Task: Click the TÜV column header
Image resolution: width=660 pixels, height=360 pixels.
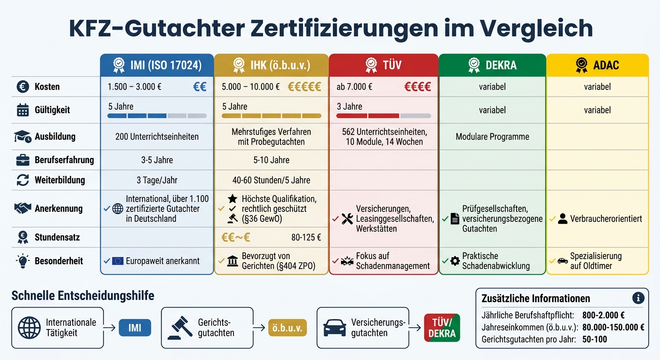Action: point(383,65)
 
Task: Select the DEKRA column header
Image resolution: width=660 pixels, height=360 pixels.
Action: point(492,65)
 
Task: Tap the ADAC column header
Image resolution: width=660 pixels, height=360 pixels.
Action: point(598,65)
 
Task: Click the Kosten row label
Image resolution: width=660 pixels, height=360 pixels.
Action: point(47,87)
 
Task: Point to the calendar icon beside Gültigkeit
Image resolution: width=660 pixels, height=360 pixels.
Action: point(22,110)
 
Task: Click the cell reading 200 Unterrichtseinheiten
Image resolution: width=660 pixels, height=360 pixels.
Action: point(157,137)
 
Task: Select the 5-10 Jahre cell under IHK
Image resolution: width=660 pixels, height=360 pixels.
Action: point(271,160)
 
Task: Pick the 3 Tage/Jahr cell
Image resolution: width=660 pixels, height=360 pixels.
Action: point(157,180)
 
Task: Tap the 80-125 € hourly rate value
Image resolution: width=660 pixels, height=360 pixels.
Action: point(306,237)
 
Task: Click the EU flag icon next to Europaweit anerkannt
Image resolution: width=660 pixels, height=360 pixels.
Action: point(118,261)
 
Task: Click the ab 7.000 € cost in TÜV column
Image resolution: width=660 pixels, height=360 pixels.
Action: point(354,87)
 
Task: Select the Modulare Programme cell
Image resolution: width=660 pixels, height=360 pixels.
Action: point(492,137)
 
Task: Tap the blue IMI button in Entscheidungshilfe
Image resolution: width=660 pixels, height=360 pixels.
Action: point(135,328)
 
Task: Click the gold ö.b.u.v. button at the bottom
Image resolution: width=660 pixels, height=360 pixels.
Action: point(287,328)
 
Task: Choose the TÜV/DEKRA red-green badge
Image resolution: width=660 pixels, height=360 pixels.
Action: point(442,328)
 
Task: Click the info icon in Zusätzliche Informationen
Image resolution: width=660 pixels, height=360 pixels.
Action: point(638,298)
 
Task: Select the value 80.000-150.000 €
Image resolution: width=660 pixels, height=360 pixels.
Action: point(613,327)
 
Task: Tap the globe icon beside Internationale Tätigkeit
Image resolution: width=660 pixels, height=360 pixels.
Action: point(29,328)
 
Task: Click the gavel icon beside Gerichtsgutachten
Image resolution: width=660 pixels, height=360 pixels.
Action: point(180,328)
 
